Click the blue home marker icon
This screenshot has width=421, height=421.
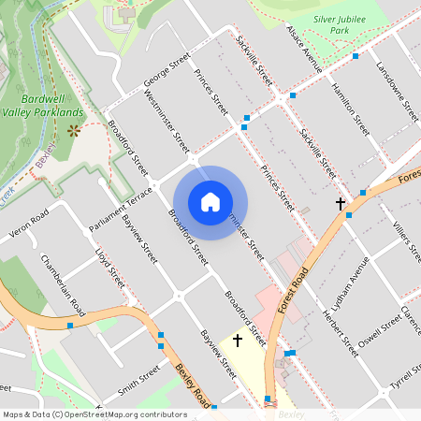[210, 202]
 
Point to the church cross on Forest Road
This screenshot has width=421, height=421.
[341, 203]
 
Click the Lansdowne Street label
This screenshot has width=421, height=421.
[394, 92]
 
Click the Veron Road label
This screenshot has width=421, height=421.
[26, 227]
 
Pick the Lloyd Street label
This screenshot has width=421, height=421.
[109, 267]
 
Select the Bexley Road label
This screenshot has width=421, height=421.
[193, 385]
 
